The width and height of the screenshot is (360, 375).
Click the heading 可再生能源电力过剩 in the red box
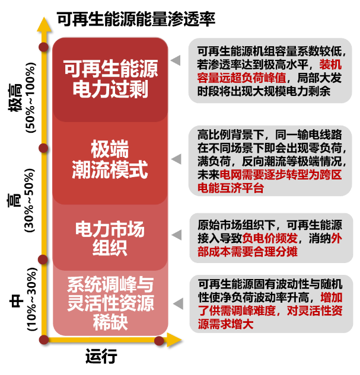tap(110, 80)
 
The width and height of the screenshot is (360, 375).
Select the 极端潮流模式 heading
tap(110, 159)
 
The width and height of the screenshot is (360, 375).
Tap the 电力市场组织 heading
tap(110, 238)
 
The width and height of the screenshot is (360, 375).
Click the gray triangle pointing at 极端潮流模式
tap(176, 159)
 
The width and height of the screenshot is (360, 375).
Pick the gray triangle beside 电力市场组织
tap(176, 236)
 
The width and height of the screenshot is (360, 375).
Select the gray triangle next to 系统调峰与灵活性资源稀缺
tap(176, 303)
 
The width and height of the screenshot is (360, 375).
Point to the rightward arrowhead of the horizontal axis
tap(174, 340)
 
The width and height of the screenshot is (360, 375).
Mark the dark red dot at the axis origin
tap(43, 340)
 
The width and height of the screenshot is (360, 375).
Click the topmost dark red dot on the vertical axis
tap(43, 47)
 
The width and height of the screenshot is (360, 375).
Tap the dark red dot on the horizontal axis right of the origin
tap(158, 340)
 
